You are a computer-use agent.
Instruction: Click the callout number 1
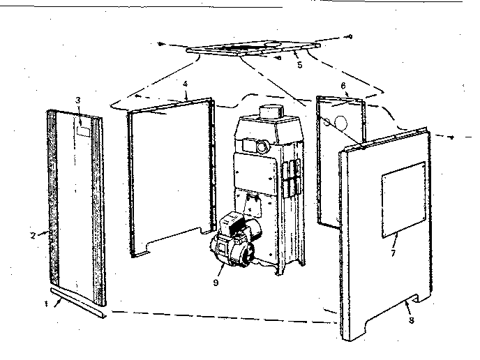pyautogui.click(x=46, y=304)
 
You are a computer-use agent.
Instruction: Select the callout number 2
pyautogui.click(x=33, y=235)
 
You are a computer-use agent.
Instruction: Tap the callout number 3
pyautogui.click(x=78, y=100)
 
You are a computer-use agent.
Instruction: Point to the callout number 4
pyautogui.click(x=185, y=84)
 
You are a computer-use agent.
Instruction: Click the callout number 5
pyautogui.click(x=300, y=65)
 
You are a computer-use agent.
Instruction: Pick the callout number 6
pyautogui.click(x=343, y=86)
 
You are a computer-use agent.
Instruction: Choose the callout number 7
pyautogui.click(x=393, y=253)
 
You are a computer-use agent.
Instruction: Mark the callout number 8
pyautogui.click(x=412, y=320)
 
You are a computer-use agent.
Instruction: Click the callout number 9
pyautogui.click(x=216, y=283)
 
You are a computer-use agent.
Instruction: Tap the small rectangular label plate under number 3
pyautogui.click(x=83, y=131)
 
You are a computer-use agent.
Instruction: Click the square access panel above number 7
pyautogui.click(x=404, y=200)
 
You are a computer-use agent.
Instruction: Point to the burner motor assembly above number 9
pyautogui.click(x=237, y=241)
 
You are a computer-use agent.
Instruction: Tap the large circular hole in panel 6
pyautogui.click(x=341, y=123)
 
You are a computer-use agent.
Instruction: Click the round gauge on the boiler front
pyautogui.click(x=262, y=147)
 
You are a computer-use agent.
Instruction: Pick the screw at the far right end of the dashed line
pyautogui.click(x=451, y=137)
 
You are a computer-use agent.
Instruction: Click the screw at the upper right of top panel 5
pyautogui.click(x=350, y=37)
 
